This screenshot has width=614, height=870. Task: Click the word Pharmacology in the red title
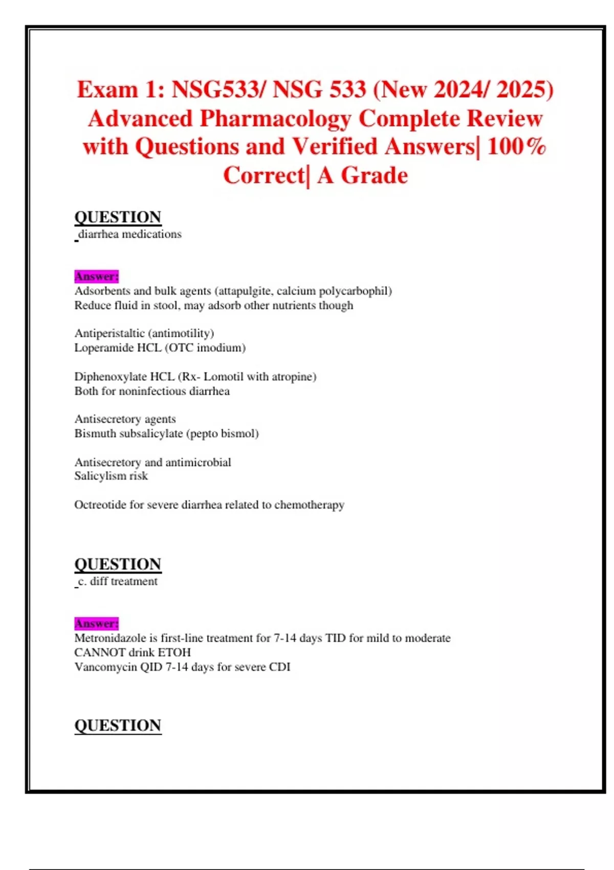[275, 119]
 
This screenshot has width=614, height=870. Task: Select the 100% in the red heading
[517, 147]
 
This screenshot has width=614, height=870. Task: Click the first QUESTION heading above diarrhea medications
[118, 217]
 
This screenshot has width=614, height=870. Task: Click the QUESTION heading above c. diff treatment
[118, 564]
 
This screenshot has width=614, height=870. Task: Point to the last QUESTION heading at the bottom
[118, 725]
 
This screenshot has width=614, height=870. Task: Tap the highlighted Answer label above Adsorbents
[96, 276]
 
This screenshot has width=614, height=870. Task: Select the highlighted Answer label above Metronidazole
[96, 623]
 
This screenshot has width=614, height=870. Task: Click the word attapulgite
[245, 291]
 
